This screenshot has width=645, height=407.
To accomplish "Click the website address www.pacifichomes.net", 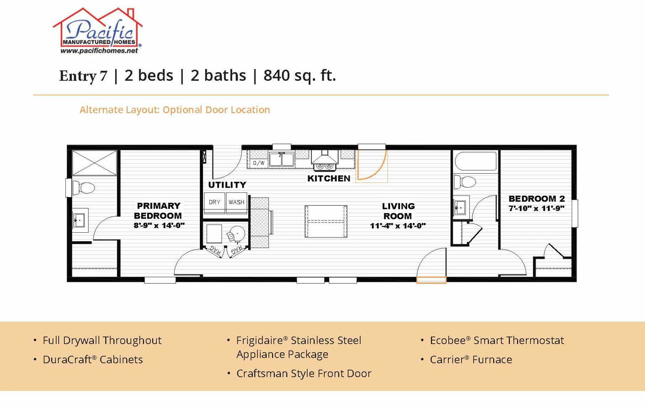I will [x=99, y=51].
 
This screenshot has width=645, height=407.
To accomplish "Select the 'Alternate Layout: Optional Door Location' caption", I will [x=175, y=110].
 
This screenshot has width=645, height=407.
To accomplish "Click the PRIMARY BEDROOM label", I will [x=158, y=211].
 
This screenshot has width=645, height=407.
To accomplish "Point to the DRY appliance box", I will [x=214, y=202].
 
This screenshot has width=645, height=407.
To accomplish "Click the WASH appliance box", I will [x=236, y=202].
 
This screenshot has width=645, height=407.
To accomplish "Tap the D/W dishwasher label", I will [x=259, y=163].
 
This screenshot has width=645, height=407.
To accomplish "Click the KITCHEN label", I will [x=329, y=179].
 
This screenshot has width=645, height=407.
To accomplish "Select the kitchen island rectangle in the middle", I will [x=326, y=221].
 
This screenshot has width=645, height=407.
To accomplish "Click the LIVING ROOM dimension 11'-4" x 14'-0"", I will [x=398, y=226].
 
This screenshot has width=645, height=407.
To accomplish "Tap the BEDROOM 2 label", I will [x=536, y=199].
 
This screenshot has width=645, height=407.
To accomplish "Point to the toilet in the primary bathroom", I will [x=86, y=187].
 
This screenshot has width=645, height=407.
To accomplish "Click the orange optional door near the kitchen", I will [x=371, y=165].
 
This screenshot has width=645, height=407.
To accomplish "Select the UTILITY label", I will [x=227, y=185].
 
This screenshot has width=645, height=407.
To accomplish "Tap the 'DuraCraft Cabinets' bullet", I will [x=92, y=360].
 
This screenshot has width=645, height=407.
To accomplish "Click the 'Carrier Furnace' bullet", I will [x=471, y=360].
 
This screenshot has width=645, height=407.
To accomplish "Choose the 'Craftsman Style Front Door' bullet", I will [x=303, y=374].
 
